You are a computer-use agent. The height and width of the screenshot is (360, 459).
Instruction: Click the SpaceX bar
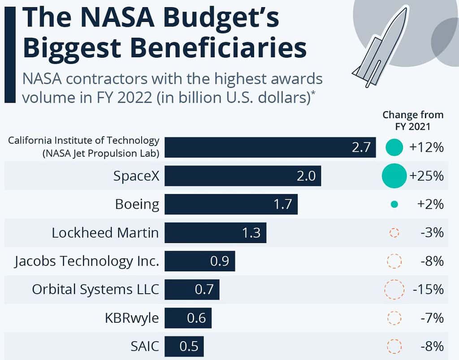click(242, 176)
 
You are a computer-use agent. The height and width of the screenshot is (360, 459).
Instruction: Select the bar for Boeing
click(231, 204)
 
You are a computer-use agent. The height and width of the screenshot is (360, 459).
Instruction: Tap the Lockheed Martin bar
click(215, 233)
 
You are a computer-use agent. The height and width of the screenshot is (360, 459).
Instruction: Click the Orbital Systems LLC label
click(95, 289)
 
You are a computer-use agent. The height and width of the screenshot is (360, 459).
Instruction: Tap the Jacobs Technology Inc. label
click(87, 261)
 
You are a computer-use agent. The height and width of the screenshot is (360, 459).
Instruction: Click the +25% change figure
click(426, 176)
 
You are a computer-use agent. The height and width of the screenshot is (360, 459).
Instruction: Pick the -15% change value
click(428, 289)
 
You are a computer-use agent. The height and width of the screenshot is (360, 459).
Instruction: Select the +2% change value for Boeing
click(430, 204)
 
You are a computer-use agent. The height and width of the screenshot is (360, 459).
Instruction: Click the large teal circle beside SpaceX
click(394, 176)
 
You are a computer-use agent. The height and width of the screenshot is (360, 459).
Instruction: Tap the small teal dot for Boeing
click(394, 205)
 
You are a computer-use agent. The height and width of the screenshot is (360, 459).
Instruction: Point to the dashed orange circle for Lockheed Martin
click(394, 233)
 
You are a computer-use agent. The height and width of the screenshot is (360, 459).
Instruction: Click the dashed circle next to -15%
click(394, 289)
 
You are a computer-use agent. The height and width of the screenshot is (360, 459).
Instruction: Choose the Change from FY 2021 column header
click(412, 120)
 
